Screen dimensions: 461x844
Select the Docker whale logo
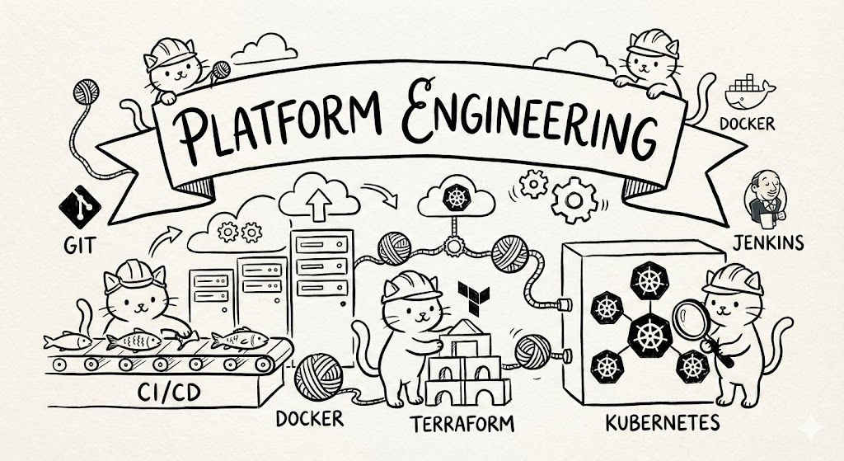(x=747, y=90)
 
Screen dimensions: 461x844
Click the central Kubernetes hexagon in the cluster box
(x=644, y=335)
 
